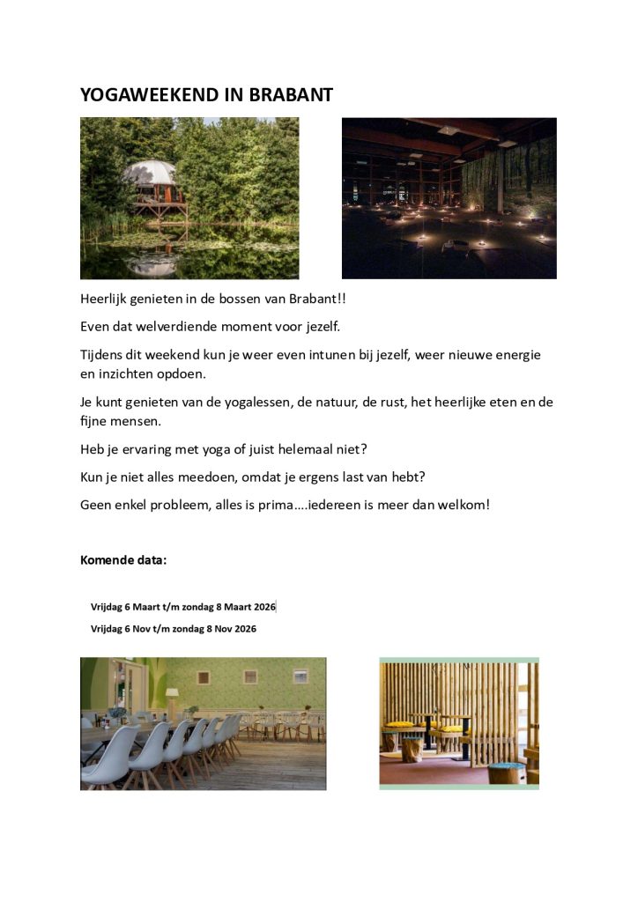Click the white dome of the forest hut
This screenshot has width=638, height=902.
[149, 172]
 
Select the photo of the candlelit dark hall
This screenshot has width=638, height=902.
[449, 197]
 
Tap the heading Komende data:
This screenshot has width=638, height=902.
[123, 559]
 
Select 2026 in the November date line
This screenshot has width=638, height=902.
[244, 629]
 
